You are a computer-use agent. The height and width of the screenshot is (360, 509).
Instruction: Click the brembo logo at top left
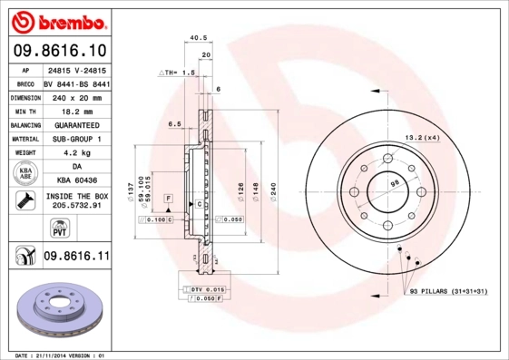(58, 19)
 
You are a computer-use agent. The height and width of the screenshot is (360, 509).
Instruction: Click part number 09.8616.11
(76, 258)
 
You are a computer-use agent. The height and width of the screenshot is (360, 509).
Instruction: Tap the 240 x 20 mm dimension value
(77, 95)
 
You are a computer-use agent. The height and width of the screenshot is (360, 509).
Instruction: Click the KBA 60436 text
(77, 181)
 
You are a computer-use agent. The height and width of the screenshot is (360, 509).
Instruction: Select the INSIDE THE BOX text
(77, 196)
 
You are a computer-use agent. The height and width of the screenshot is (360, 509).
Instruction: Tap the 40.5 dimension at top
(193, 37)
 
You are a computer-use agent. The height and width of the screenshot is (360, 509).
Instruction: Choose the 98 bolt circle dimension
(394, 184)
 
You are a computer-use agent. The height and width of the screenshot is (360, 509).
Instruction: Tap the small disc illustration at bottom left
(59, 310)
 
